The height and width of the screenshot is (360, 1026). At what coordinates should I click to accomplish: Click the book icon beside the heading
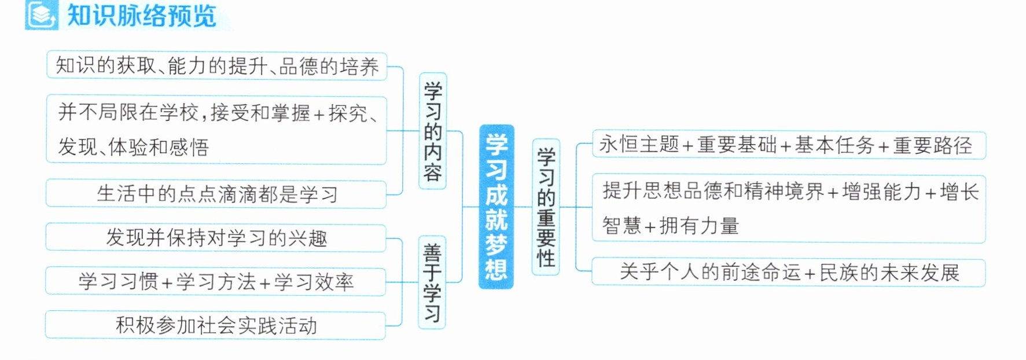tap(42, 14)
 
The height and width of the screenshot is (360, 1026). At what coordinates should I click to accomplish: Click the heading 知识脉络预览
tap(142, 16)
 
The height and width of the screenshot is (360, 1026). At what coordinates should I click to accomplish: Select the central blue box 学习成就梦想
tap(497, 207)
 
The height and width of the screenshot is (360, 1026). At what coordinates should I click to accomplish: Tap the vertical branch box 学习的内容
tap(433, 131)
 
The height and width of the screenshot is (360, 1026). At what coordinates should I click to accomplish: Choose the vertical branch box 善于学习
tap(432, 282)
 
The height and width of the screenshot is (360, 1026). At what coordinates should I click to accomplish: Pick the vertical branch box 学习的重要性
tap(546, 207)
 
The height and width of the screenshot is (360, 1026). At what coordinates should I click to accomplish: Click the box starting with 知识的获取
tap(216, 66)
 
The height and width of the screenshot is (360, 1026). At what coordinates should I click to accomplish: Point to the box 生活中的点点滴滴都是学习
tap(216, 194)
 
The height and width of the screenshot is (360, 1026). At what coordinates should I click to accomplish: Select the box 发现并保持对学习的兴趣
tap(216, 237)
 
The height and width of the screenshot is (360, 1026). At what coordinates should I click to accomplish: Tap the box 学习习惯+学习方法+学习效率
tap(216, 282)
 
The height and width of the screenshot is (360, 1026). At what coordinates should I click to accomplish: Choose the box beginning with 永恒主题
tap(789, 145)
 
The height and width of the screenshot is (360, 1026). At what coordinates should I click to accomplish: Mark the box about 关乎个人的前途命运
tap(789, 272)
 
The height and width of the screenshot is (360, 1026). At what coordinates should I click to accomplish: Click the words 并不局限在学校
tap(128, 112)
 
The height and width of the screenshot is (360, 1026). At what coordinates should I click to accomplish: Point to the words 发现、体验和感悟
tap(133, 147)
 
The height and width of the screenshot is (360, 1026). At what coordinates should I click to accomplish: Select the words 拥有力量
tap(700, 226)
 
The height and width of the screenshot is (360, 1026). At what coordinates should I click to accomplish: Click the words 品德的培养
tap(329, 67)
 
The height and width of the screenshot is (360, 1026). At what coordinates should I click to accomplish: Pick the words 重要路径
tap(933, 145)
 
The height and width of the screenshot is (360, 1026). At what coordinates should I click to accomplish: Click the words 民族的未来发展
tap(889, 273)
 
